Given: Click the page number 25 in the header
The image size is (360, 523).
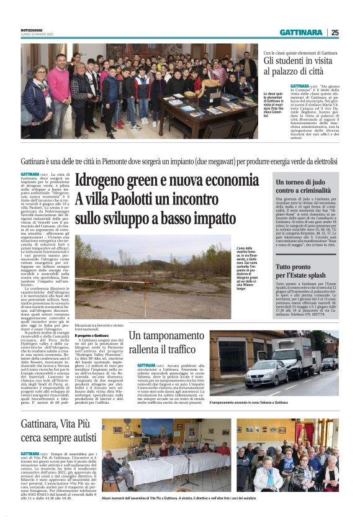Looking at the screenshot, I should [335, 32].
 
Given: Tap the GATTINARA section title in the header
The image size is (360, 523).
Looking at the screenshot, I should [301, 32].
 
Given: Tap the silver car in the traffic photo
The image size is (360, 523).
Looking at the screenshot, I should [264, 375].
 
